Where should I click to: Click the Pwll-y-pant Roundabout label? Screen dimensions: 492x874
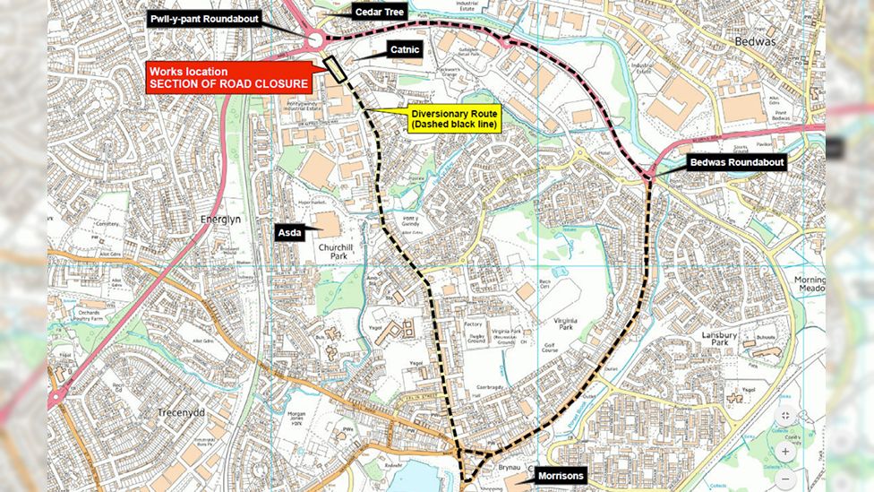pyautogui.click(x=204, y=18)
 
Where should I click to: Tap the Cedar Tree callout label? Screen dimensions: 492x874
pyautogui.click(x=366, y=12)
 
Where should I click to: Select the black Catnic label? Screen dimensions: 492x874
pyautogui.click(x=404, y=50)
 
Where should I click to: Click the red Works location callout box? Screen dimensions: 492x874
pyautogui.click(x=229, y=78)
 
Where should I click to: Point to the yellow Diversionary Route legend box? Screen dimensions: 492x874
pyautogui.click(x=454, y=119)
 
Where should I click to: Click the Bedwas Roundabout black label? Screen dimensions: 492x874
pyautogui.click(x=736, y=162)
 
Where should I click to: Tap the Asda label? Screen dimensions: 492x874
pyautogui.click(x=294, y=232)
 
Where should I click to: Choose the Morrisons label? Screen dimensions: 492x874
pyautogui.click(x=561, y=475)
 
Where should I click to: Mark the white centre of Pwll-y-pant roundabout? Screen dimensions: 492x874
pyautogui.click(x=315, y=39)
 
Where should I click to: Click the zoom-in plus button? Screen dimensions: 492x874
pyautogui.click(x=785, y=451)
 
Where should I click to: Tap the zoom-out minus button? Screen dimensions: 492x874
pyautogui.click(x=785, y=480)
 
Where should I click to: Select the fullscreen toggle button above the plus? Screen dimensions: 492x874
pyautogui.click(x=785, y=416)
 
